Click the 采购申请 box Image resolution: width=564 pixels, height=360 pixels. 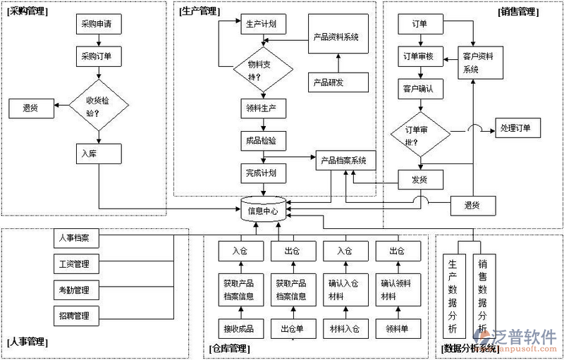99,25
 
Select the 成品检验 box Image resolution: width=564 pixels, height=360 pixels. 262,140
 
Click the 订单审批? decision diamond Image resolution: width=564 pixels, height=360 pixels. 421,135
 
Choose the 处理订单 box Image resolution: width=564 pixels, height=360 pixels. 520,128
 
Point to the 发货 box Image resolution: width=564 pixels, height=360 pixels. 421,180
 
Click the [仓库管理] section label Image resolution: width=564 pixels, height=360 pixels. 230,348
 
